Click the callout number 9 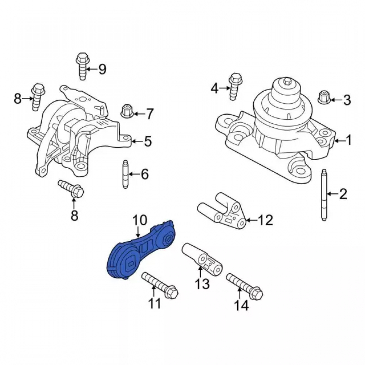pyautogui.click(x=103, y=69)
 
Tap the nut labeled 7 pyautogui.click(x=127, y=111)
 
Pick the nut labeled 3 pyautogui.click(x=324, y=97)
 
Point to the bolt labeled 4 pyautogui.click(x=235, y=87)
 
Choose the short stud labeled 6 pyautogui.click(x=126, y=174)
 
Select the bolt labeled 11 pyautogui.click(x=160, y=285)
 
